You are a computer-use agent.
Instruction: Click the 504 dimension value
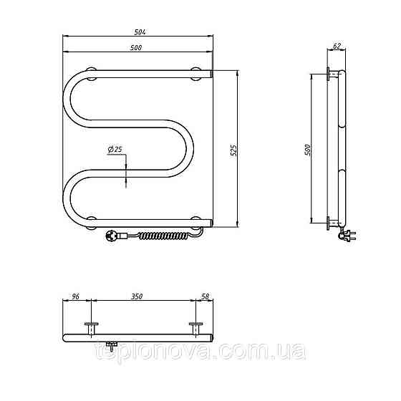tap(140, 32)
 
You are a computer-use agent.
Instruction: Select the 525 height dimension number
tap(233, 150)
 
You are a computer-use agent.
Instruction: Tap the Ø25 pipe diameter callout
tap(115, 150)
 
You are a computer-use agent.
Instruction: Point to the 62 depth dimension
tap(337, 46)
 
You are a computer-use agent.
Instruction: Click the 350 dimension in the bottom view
tap(137, 296)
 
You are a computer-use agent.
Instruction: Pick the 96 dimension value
tap(75, 296)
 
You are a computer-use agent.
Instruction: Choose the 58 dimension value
tap(205, 296)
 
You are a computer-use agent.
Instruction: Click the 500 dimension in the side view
tap(308, 150)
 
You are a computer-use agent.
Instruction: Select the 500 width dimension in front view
tap(136, 48)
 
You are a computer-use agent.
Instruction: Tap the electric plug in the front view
tap(112, 236)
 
